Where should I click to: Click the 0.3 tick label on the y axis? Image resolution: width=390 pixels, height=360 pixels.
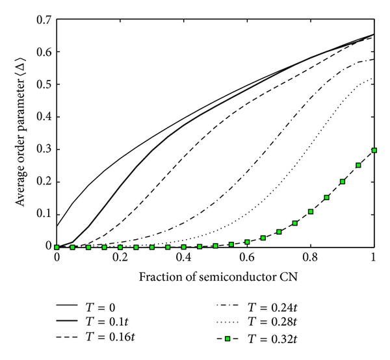coord(45,149)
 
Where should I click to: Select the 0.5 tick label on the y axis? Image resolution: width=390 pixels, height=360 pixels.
coord(45,84)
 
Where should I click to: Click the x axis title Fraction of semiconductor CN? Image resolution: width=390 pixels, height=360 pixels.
coord(215,275)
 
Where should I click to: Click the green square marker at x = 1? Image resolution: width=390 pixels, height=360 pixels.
coord(374,150)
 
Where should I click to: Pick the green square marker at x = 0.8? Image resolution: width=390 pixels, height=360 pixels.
coord(311,212)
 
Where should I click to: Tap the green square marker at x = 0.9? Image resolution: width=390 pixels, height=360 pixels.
coord(343,181)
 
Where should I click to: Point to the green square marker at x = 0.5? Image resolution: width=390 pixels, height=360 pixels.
coord(216,246)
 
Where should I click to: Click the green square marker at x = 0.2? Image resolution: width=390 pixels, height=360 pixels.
coord(120,248)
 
